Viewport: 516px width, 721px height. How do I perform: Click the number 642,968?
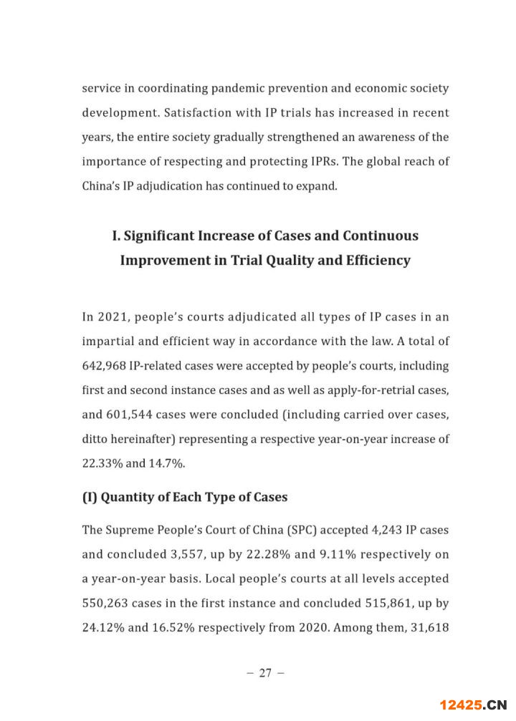click(106, 366)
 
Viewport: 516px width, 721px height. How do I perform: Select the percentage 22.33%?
click(102, 463)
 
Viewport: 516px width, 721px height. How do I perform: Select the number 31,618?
click(429, 627)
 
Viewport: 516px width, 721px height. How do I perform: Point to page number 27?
click(265, 673)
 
